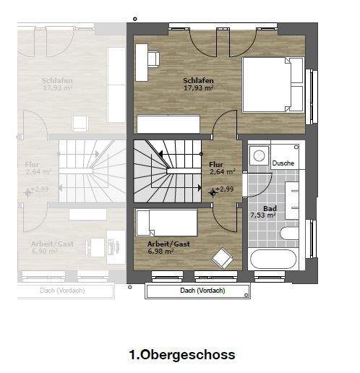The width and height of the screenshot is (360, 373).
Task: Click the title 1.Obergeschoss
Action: point(181,355)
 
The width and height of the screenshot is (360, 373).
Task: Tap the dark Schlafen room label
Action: point(197,80)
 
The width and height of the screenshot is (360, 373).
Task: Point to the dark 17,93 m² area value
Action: point(198,88)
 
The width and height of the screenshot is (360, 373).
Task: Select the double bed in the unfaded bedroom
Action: point(273,85)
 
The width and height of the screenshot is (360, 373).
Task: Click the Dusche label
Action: point(283,163)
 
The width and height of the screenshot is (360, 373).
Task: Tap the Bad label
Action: point(270,208)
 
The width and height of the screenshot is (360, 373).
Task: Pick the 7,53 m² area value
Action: point(263,215)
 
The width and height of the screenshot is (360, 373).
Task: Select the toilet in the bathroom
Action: point(289,233)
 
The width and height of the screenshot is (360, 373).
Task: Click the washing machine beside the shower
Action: point(258,157)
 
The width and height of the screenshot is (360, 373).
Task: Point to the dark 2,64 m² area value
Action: point(222,172)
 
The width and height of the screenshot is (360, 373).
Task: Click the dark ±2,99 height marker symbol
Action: point(213,192)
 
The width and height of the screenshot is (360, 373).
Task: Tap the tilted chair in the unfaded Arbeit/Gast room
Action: point(222,257)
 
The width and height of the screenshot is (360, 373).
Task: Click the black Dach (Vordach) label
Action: point(202,291)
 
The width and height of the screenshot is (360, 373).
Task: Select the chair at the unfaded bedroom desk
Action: point(155,57)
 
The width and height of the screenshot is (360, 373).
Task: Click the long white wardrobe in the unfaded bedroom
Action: point(168,124)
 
